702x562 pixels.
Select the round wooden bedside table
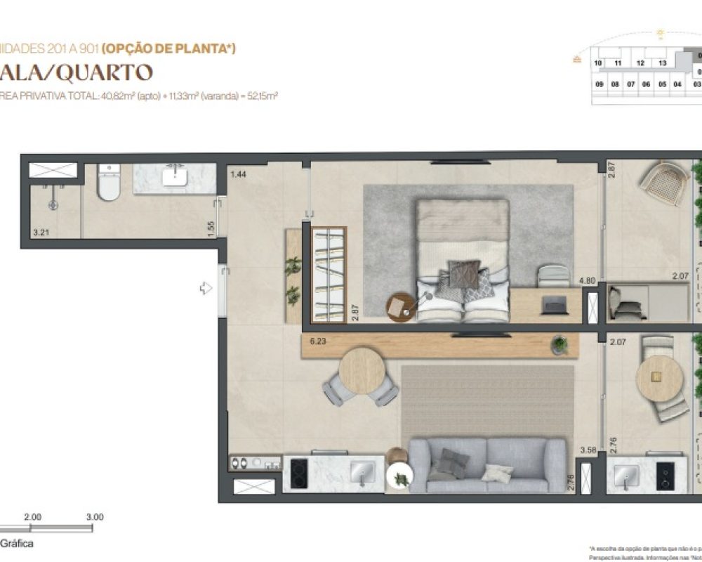(402, 306)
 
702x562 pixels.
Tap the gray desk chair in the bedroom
(552, 276)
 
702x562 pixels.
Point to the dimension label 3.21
(39, 230)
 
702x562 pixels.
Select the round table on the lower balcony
(659, 377)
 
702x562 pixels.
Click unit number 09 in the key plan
(600, 84)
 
